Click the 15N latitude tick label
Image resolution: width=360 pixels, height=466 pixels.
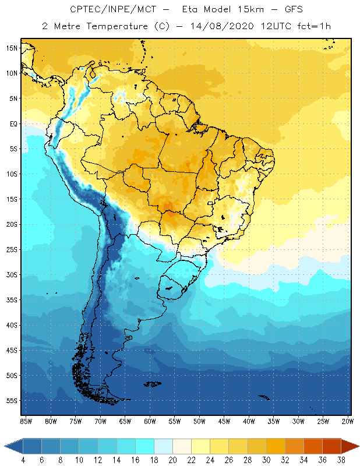(x=12, y=48)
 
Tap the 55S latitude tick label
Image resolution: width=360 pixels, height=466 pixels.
(x=12, y=401)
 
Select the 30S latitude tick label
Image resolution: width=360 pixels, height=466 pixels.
(x=12, y=274)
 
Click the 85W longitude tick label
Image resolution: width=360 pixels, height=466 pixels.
(x=26, y=421)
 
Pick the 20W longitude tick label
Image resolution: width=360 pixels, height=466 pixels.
(x=347, y=421)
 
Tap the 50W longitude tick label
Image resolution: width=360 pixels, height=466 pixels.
(x=199, y=421)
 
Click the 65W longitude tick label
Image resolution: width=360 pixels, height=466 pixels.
(x=125, y=421)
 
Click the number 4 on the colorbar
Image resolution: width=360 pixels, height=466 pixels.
(x=23, y=460)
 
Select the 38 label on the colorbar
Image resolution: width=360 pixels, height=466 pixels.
(x=340, y=460)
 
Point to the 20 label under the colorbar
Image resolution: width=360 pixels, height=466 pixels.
(x=172, y=460)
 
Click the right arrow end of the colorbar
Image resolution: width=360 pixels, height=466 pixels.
(x=350, y=446)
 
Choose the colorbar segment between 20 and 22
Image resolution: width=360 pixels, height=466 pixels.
(x=181, y=446)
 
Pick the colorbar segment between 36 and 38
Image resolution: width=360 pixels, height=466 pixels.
(x=330, y=446)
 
